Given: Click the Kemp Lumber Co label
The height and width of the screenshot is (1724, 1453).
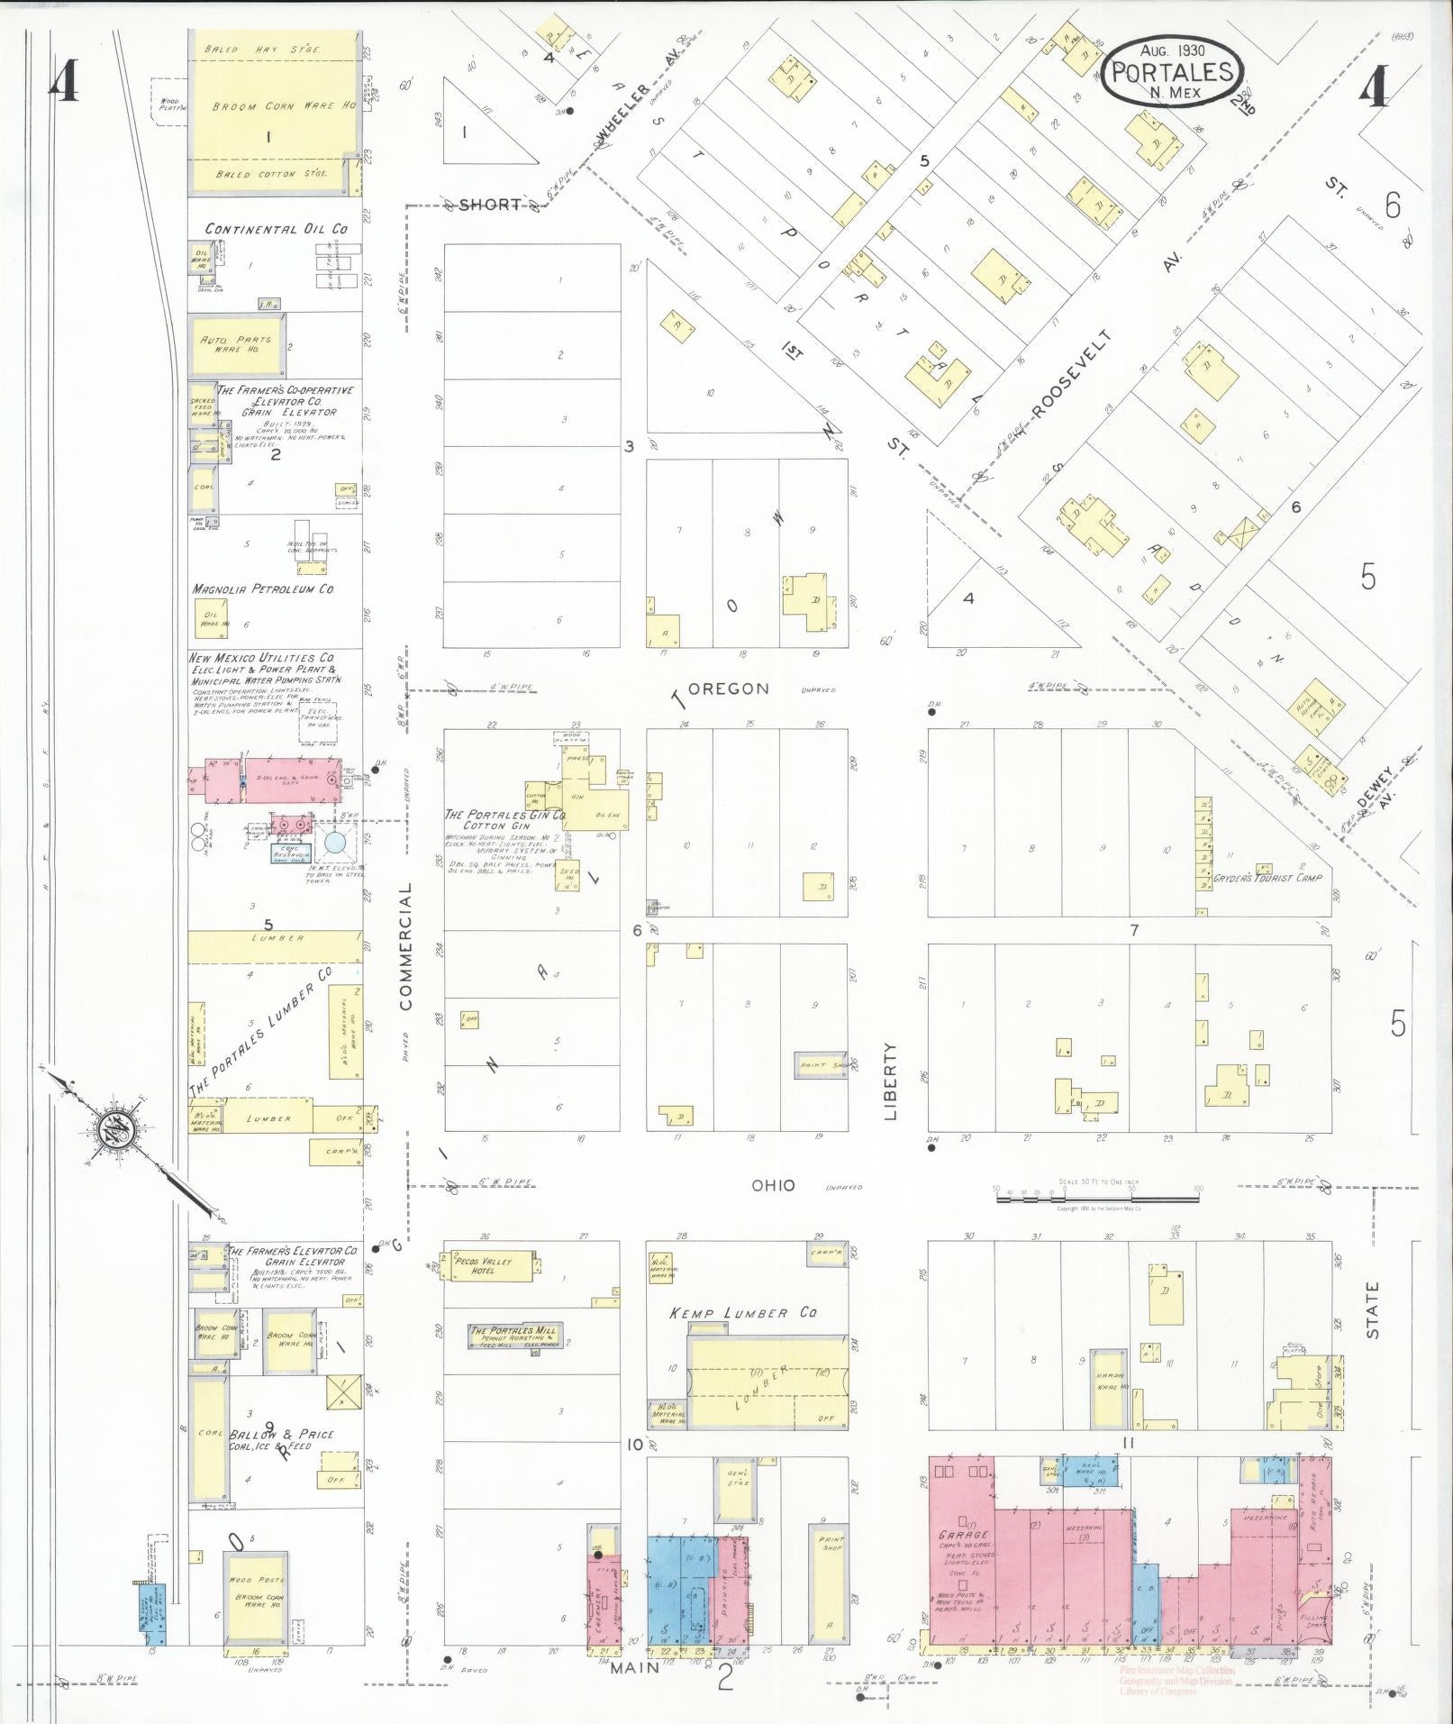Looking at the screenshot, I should [x=742, y=1313].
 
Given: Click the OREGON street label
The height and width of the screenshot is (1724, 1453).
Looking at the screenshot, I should [x=734, y=689].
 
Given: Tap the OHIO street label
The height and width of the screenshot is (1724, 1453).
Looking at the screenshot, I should [x=774, y=1185].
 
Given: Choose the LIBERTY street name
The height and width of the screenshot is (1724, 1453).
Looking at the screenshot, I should [x=892, y=1081].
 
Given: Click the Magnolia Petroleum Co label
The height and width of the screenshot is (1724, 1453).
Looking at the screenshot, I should [x=263, y=589].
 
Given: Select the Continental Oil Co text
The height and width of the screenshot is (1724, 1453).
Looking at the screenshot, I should [x=275, y=229].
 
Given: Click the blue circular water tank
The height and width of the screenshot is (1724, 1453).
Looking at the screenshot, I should [x=335, y=844].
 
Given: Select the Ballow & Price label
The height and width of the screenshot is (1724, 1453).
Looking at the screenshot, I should [x=281, y=1435].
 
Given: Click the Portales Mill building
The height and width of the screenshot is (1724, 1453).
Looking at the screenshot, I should [x=513, y=1336].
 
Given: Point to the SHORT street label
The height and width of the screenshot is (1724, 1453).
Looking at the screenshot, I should [x=489, y=205].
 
